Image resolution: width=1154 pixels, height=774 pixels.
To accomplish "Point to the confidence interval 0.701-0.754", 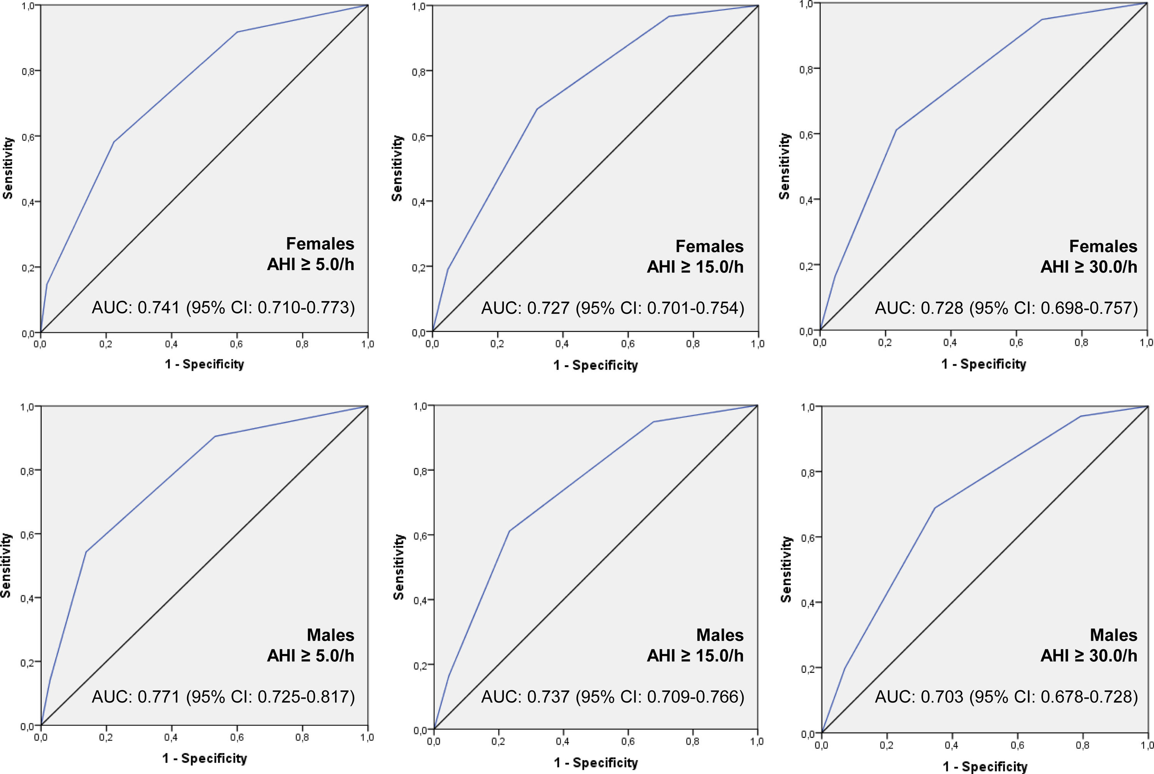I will [x=695, y=308].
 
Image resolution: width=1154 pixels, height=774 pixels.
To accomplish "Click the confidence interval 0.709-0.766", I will [x=695, y=696].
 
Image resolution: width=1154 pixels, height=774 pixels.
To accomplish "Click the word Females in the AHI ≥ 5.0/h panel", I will [x=320, y=244].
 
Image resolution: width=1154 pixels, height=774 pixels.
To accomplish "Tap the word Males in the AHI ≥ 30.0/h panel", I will [x=1113, y=635].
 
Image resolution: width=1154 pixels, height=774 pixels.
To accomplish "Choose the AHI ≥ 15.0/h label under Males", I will [x=695, y=656].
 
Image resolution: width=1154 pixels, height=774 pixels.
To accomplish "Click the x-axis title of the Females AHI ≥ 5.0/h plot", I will [x=204, y=364].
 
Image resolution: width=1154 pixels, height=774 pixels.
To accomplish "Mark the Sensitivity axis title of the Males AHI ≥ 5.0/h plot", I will [x=6, y=566].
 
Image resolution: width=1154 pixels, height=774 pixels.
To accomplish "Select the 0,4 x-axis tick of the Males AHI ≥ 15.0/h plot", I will [x=562, y=741].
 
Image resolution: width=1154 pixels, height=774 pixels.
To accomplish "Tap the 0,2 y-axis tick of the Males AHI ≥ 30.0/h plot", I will [x=808, y=668].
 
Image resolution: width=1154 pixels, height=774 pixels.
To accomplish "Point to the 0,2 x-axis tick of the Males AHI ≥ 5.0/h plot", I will [x=106, y=737].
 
